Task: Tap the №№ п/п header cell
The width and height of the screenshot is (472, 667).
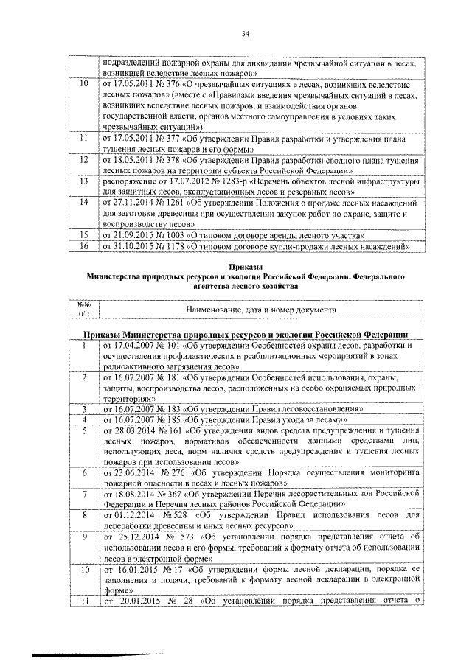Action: tap(83, 308)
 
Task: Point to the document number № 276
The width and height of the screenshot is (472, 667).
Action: tap(176, 472)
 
